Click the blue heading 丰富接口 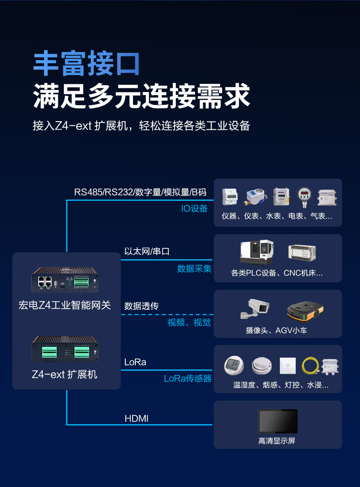(x=87, y=63)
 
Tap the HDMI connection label (x=137, y=418)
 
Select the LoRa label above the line (x=135, y=362)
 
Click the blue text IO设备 (x=194, y=209)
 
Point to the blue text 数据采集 (x=194, y=269)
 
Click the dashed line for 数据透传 (x=167, y=314)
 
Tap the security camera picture (x=255, y=309)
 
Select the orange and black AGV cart (x=305, y=311)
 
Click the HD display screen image (x=278, y=421)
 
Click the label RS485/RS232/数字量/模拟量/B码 (x=140, y=192)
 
